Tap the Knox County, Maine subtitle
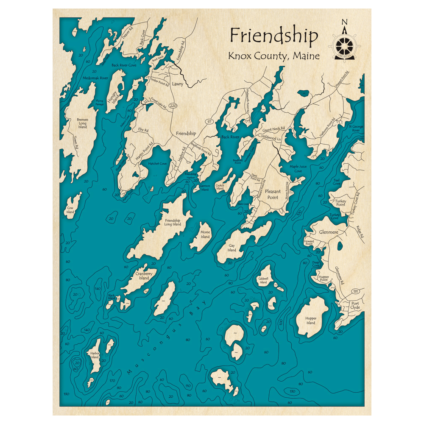pos(273,56)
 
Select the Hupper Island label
pos(311,320)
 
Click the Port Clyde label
pos(355,305)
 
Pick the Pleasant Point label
pos(272,194)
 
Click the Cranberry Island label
pos(143,276)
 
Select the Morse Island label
pos(205,234)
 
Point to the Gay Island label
pos(232,248)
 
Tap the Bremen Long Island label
pos(82,123)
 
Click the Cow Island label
pos(70,210)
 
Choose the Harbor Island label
pos(95,355)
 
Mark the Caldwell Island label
pos(263,280)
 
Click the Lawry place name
pos(178,84)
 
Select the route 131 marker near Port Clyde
pos(355,291)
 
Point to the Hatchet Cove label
pos(157,163)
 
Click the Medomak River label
pos(95,78)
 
